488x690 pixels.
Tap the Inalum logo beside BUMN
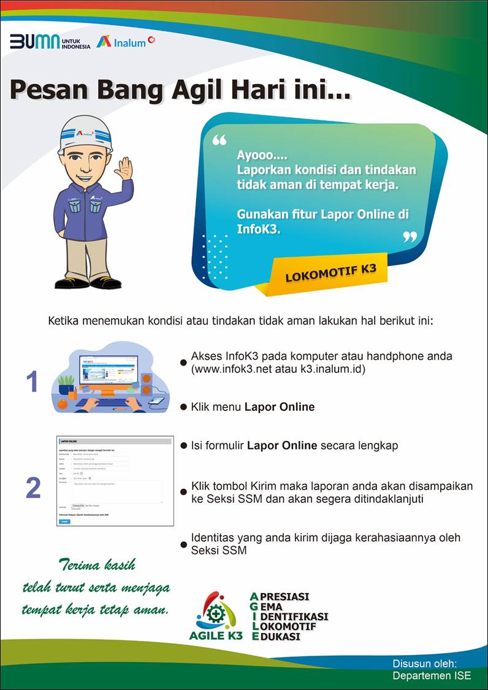click(x=126, y=42)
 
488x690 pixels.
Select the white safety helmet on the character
click(x=85, y=132)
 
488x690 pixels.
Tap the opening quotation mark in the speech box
click(x=219, y=140)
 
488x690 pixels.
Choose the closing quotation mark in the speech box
click(x=410, y=236)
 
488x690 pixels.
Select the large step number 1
click(x=32, y=382)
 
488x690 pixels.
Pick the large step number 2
click(x=33, y=488)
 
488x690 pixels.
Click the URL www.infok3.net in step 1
click(x=232, y=370)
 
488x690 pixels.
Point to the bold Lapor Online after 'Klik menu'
click(x=279, y=407)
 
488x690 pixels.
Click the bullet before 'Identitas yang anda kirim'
click(x=183, y=544)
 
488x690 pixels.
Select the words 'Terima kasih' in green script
click(x=97, y=564)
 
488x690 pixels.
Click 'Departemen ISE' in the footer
click(x=432, y=675)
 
